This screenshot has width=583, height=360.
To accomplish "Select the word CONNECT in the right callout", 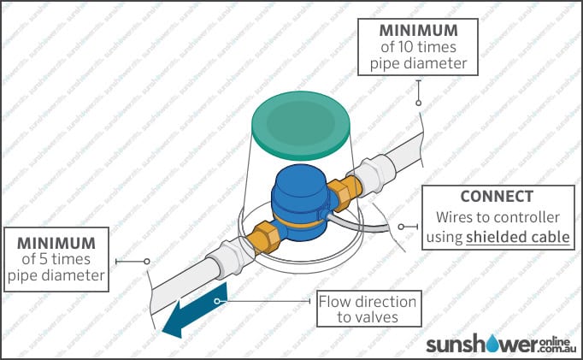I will (x=497, y=196).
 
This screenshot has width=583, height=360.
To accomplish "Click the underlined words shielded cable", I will (x=518, y=236).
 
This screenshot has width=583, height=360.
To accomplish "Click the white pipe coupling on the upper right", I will (x=374, y=177).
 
